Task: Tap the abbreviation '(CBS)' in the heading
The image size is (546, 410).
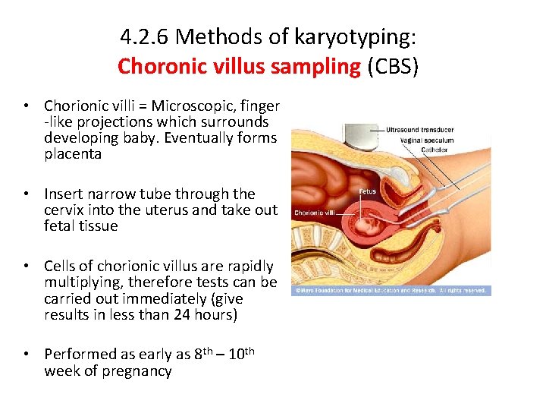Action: pos(393,66)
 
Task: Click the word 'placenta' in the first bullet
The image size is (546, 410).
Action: pos(73,154)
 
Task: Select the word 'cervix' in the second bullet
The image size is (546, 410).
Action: pos(66,210)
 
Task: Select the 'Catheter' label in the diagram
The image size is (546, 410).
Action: pos(403,150)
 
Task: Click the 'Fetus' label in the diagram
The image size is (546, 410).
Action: pos(368,191)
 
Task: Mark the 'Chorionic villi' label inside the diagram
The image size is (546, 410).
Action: pos(314,213)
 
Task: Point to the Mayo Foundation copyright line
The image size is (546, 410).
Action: pos(391,290)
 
